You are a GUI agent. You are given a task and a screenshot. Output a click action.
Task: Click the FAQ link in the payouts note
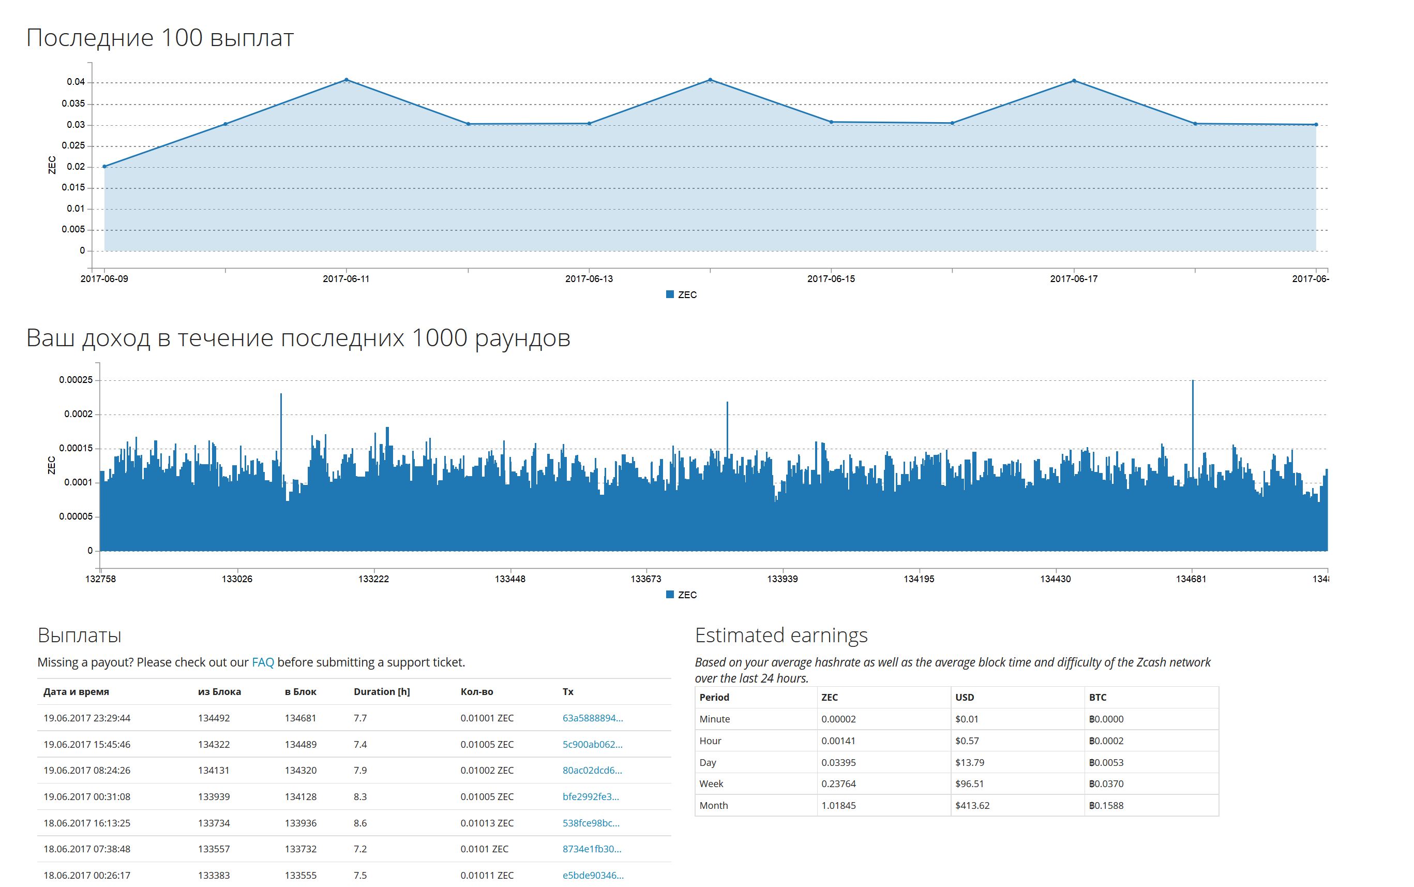click(x=263, y=662)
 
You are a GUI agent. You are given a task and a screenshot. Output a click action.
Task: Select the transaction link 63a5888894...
click(x=593, y=718)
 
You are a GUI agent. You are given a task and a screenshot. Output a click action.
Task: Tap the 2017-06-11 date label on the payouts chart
click(x=346, y=278)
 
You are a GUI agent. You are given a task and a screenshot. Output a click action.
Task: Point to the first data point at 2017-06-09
click(x=104, y=167)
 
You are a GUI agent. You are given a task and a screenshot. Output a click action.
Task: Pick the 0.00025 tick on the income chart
click(x=76, y=380)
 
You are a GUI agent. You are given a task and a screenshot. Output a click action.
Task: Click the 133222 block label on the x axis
click(x=373, y=579)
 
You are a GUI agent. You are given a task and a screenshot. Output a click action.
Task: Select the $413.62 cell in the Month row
click(x=972, y=805)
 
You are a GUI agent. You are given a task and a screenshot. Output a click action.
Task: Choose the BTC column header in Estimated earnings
click(x=1097, y=698)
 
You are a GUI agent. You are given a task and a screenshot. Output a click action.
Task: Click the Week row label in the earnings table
click(x=711, y=783)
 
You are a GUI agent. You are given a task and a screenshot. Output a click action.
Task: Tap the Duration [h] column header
click(x=382, y=692)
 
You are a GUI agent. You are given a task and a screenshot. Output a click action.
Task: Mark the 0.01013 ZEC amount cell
click(x=487, y=823)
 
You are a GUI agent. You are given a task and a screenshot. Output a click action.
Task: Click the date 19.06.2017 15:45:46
click(x=87, y=745)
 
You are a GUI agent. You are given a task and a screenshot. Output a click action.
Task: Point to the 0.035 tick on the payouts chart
click(x=73, y=104)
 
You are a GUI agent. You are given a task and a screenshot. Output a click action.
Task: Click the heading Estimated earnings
click(x=781, y=635)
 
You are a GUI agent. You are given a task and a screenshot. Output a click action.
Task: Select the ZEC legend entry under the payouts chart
click(x=681, y=294)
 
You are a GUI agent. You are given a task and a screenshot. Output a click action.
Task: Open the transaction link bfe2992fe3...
click(x=590, y=796)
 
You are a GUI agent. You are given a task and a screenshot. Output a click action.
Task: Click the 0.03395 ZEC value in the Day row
click(x=838, y=763)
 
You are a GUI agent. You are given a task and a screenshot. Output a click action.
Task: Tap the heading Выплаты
click(x=79, y=635)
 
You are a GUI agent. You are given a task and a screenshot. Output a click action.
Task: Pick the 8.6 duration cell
click(x=360, y=823)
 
